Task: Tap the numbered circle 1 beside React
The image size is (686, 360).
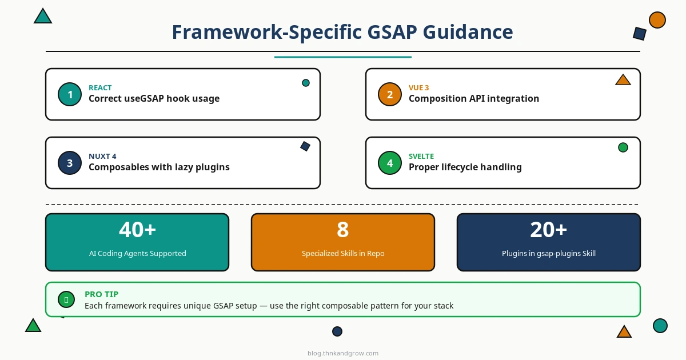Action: coord(70,94)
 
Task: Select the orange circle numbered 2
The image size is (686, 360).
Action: coord(390,94)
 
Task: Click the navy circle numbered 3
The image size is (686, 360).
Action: coord(70,163)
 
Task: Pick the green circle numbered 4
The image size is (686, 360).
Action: coord(390,163)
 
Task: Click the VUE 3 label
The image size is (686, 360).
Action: coord(418,87)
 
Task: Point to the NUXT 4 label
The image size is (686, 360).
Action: coord(102,156)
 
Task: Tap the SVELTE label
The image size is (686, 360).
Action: coord(421,156)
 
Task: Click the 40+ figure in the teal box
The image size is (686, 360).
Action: coord(138,230)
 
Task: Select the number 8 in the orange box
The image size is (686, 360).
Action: coord(342,230)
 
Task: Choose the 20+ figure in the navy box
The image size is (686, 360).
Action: coord(548,230)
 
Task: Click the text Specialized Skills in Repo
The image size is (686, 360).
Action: coord(343,254)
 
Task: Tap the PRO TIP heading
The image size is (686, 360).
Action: coord(101,294)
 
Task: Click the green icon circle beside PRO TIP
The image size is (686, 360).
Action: coord(66,299)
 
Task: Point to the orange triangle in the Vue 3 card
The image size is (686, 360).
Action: coord(623,80)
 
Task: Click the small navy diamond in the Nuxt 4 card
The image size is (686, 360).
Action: coord(305,146)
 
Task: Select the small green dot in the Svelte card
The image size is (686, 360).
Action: coord(623,147)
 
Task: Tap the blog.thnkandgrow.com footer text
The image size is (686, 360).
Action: coord(343,353)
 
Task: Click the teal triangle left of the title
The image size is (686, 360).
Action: coord(43,16)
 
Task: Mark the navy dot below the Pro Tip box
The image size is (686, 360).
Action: coord(337,331)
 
